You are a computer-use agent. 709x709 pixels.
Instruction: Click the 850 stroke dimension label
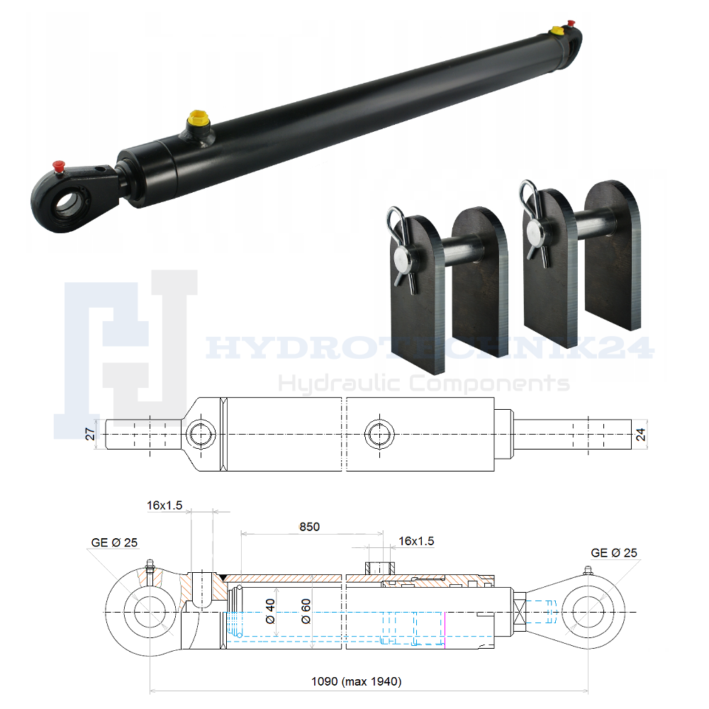[x=309, y=527]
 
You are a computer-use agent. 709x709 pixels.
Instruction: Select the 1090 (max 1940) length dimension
[x=357, y=681]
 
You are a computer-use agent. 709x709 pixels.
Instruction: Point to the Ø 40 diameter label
[x=270, y=611]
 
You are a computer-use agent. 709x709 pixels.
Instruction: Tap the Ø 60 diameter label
[x=306, y=611]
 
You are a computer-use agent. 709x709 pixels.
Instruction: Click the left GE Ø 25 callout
[x=114, y=542]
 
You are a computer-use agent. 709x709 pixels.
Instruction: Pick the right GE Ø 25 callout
[x=614, y=552]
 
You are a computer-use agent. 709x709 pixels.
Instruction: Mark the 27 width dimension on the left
[x=91, y=434]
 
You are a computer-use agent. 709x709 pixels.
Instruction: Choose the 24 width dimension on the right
[x=641, y=435]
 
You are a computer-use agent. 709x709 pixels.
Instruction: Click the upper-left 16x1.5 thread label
[x=164, y=505]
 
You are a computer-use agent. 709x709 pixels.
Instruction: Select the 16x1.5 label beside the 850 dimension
[x=416, y=541]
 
